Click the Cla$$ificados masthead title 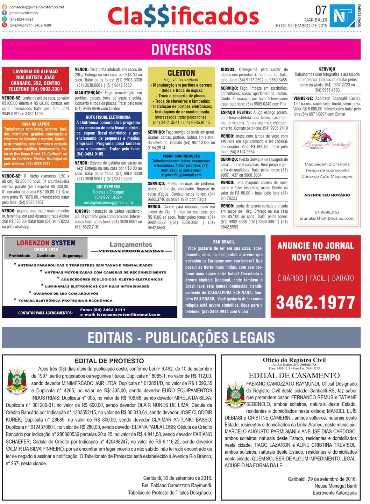pos(183,17)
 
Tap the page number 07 pos(321,10)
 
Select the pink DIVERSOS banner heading pos(181,50)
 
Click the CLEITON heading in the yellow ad pos(181,73)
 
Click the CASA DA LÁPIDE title pos(35,124)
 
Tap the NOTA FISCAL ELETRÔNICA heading pos(108,117)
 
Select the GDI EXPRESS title pos(108,187)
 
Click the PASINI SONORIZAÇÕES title pos(181,156)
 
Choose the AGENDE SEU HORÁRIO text pos(327,195)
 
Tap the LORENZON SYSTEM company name pos(46,243)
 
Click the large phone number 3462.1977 pos(315,302)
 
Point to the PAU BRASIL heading pos(224,242)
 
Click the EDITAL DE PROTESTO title pos(109,361)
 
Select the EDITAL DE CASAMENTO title pos(294,375)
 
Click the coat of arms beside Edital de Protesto pos(17,380)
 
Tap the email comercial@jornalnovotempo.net pos(37,7)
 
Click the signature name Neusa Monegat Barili pos(335,486)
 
